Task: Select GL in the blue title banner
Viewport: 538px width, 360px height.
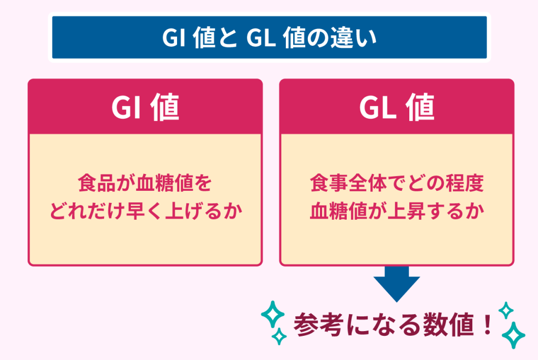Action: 261,37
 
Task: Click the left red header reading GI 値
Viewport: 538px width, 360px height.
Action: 145,107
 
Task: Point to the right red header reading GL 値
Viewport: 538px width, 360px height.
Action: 397,107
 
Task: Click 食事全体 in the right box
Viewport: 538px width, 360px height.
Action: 348,183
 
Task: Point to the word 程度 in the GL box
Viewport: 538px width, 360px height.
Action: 464,183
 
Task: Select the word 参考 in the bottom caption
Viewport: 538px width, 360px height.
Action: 318,324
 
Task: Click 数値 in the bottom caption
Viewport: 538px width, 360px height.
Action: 448,324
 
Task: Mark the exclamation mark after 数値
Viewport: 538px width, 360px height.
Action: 487,325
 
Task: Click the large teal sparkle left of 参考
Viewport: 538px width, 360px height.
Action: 273,314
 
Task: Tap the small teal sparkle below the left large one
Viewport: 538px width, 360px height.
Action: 280,336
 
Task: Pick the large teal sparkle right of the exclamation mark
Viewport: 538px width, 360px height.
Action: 513,335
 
